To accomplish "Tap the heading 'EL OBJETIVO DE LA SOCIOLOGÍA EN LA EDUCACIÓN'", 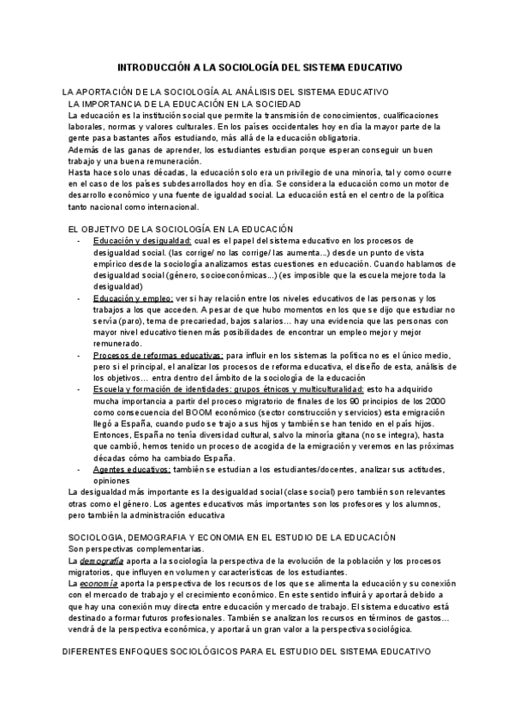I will [180, 229].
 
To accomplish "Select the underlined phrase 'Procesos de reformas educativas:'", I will [158, 354].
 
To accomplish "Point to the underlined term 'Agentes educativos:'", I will [133, 468].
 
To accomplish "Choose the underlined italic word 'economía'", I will [99, 582].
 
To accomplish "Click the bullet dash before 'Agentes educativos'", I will [79, 468].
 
